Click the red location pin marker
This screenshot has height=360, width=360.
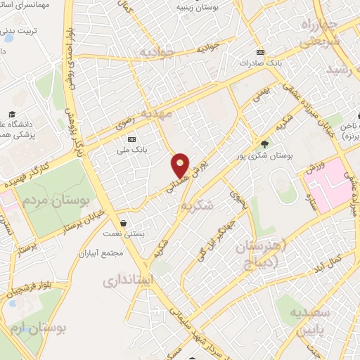point(181,165)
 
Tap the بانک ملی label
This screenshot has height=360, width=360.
point(131,150)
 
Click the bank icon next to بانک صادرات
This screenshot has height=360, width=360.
point(260,52)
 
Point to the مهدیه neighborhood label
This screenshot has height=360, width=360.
point(156,112)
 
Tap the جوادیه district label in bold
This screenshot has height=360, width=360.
point(155,52)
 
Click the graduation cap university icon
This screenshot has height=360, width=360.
point(12,114)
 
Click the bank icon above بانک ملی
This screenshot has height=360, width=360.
point(131,139)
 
